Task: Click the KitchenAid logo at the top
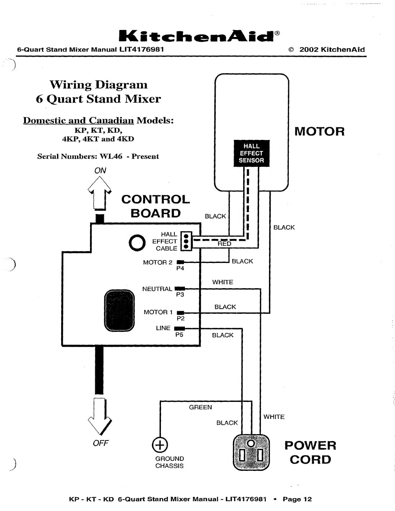click(x=199, y=36)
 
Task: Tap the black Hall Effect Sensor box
click(x=251, y=153)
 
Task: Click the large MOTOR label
click(x=319, y=131)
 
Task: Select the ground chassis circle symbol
click(x=160, y=445)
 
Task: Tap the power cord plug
click(x=251, y=452)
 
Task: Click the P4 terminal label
click(x=180, y=268)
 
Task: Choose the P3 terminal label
click(x=180, y=294)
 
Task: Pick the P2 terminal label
click(x=181, y=318)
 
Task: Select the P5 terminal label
click(x=179, y=335)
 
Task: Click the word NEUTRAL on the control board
click(x=157, y=289)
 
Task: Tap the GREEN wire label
click(x=200, y=407)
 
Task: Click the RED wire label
click(x=224, y=244)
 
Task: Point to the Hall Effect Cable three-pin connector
click(x=186, y=241)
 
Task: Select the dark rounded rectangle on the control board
click(x=119, y=311)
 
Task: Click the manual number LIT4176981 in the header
click(x=141, y=49)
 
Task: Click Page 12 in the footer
click(x=297, y=499)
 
